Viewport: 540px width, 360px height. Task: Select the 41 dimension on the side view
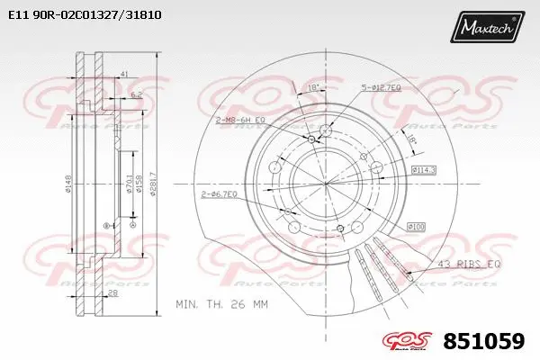[123, 74]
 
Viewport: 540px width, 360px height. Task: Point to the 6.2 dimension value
[135, 94]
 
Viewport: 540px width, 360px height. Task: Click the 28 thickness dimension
[113, 294]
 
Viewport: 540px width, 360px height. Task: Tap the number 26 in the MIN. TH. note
[245, 305]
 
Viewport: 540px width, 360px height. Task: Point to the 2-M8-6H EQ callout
[236, 119]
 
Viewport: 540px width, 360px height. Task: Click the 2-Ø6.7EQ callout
[220, 193]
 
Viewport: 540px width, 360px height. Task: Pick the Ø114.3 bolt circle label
[424, 169]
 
